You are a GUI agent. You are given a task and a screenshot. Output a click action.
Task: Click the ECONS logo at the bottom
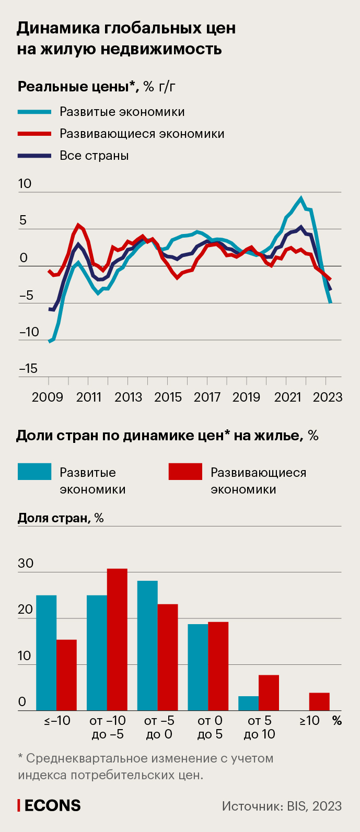(50, 805)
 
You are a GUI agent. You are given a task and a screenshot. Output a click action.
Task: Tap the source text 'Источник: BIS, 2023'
(282, 806)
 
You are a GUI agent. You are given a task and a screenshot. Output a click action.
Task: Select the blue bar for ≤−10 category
(46, 653)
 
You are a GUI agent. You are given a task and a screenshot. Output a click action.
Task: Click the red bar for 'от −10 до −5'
(117, 639)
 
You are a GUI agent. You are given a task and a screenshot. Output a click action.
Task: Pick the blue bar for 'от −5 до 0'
(147, 646)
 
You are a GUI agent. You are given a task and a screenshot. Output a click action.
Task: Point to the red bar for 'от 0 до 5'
(218, 666)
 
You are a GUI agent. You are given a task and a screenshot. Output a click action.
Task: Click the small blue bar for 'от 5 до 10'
(249, 703)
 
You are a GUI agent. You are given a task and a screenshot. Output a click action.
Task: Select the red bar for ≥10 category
(319, 701)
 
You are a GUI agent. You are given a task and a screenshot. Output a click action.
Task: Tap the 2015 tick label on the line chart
(168, 397)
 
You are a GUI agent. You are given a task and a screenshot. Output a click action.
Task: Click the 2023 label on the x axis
(328, 397)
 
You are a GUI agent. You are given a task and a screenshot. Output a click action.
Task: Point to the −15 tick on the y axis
(28, 369)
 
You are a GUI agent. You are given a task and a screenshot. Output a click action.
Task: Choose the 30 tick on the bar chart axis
(26, 564)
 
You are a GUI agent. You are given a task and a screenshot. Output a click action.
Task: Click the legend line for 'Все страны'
(34, 156)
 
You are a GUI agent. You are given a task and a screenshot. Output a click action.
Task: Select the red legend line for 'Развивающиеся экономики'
(34, 134)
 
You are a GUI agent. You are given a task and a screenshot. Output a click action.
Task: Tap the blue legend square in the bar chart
(34, 472)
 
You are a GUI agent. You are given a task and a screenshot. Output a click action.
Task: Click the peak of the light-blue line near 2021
(300, 198)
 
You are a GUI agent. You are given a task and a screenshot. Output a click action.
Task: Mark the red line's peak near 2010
(78, 225)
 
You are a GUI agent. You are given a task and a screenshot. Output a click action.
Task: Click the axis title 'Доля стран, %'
(61, 518)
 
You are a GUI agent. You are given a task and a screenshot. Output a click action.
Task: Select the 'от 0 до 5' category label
(210, 727)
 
